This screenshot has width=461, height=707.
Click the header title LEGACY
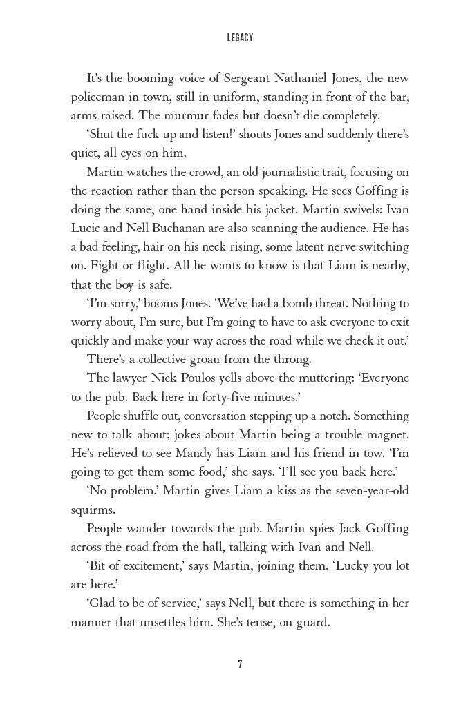tap(240, 38)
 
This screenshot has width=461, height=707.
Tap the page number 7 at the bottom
tap(240, 664)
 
